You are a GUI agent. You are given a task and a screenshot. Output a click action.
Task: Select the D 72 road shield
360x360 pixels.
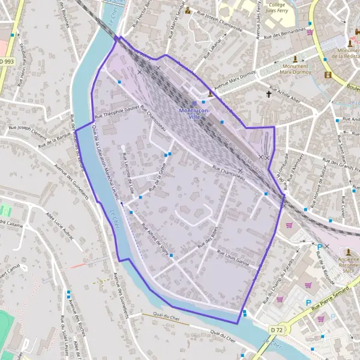[x=276, y=329]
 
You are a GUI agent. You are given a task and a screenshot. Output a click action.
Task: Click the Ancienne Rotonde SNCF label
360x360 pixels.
[x=348, y=265]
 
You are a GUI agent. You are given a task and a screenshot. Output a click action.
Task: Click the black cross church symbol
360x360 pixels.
[x=269, y=94]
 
